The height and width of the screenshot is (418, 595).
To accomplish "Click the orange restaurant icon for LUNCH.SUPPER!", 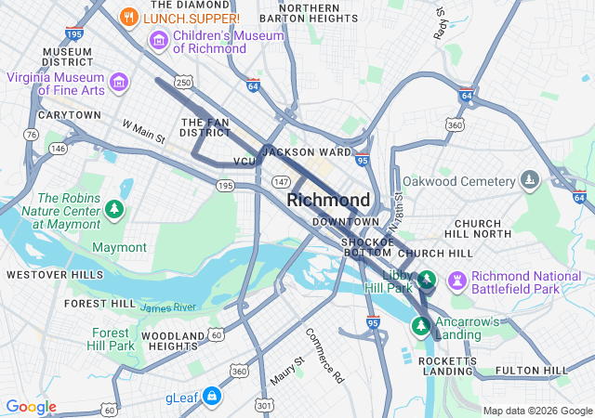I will click(x=130, y=17).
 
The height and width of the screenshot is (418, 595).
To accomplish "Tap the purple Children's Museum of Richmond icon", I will click(x=158, y=41).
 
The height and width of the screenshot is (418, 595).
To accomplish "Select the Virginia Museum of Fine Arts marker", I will click(x=118, y=83).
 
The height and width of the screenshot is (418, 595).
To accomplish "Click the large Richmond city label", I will click(x=328, y=200).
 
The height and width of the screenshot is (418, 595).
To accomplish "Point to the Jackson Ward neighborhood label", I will click(x=307, y=151).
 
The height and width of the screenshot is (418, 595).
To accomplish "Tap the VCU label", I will click(x=245, y=162).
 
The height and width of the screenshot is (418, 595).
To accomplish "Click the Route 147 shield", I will click(x=281, y=182).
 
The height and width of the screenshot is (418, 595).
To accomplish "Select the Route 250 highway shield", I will click(x=184, y=84).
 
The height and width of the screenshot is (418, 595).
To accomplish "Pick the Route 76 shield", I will click(x=33, y=135).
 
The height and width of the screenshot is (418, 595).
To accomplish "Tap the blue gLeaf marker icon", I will click(x=213, y=397).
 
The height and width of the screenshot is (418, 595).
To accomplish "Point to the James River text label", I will click(x=168, y=307).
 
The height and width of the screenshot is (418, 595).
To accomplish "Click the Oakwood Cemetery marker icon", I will click(x=530, y=179).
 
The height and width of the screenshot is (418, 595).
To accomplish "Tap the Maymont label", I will click(x=119, y=247).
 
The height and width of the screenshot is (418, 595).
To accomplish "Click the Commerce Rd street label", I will click(x=324, y=355).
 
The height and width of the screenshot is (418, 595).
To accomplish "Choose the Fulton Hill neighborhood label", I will click(x=531, y=371).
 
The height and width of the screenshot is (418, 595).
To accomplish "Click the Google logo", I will click(x=32, y=407).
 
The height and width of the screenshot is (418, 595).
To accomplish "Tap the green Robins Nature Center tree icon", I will click(x=114, y=208).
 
